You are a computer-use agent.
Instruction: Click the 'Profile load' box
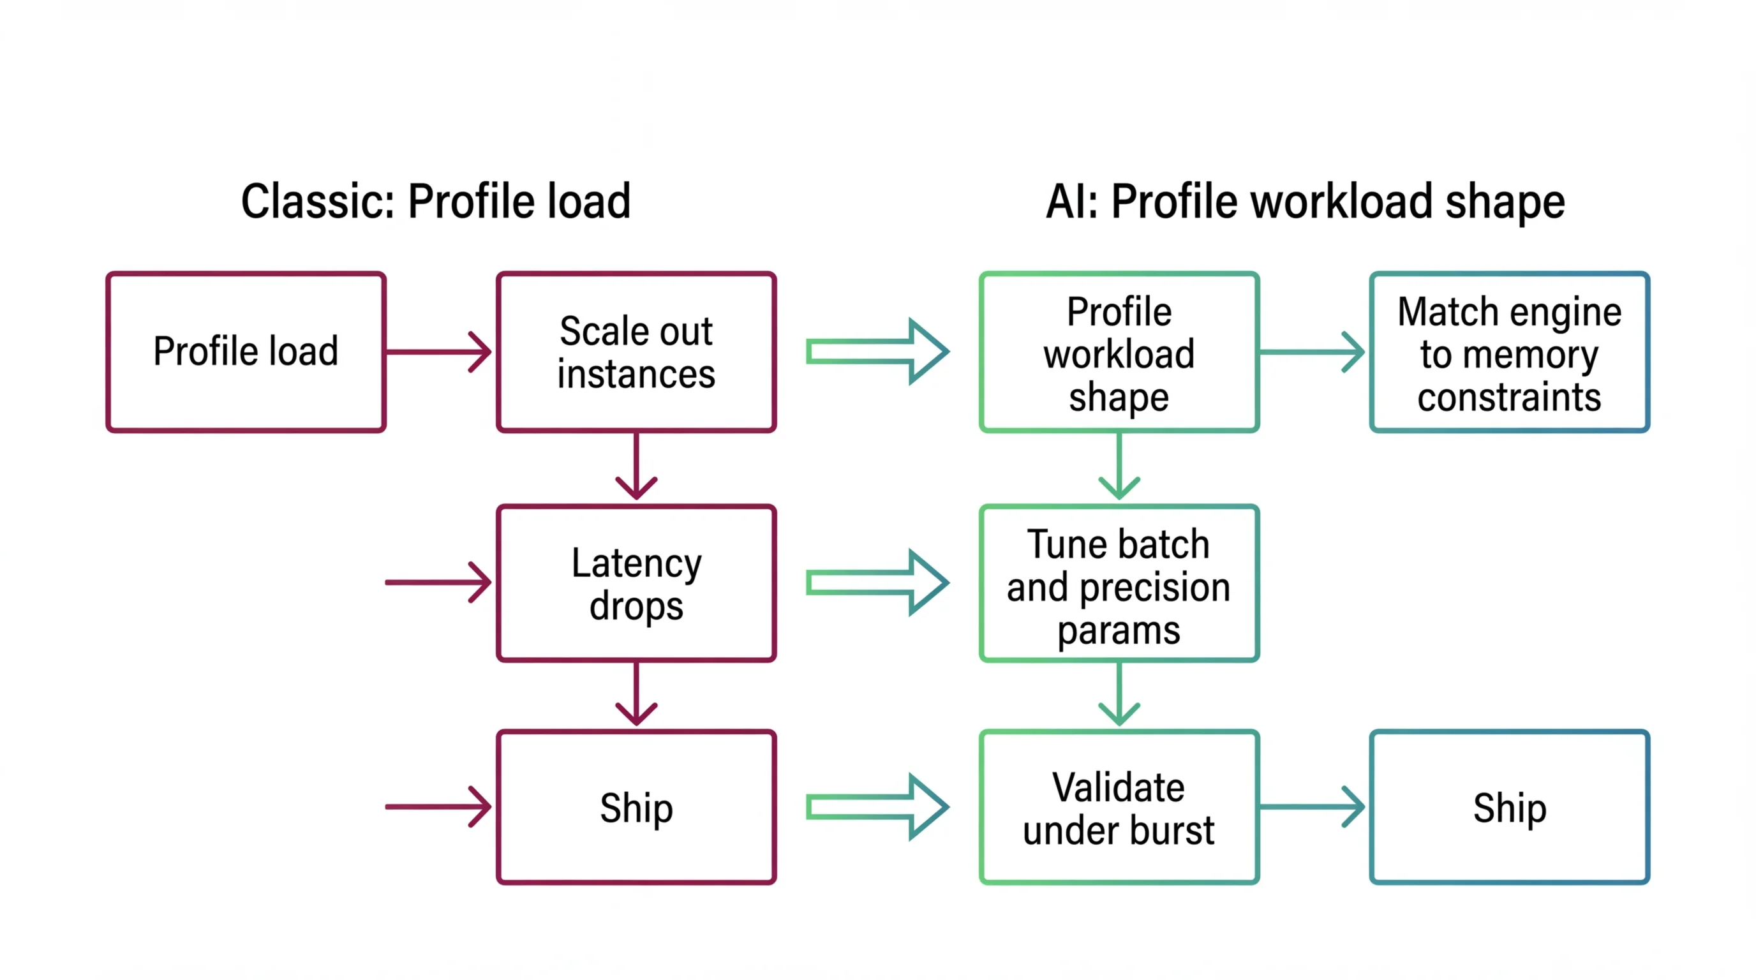coord(246,352)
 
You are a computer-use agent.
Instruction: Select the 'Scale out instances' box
coord(636,352)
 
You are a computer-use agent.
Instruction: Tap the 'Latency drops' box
coord(636,583)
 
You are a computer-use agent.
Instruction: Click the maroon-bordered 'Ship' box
coord(636,807)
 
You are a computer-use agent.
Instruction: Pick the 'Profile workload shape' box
coord(1119,352)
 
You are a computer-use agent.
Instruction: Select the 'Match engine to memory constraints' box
coord(1509,352)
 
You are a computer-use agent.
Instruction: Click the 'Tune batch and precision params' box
coord(1119,583)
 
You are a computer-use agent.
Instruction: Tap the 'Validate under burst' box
coord(1119,807)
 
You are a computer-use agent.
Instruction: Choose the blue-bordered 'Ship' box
coord(1509,807)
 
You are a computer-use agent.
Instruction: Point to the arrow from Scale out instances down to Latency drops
coord(636,466)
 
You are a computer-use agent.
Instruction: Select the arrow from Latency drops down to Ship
coord(636,694)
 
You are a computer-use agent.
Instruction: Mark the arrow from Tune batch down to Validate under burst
coord(1119,694)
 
